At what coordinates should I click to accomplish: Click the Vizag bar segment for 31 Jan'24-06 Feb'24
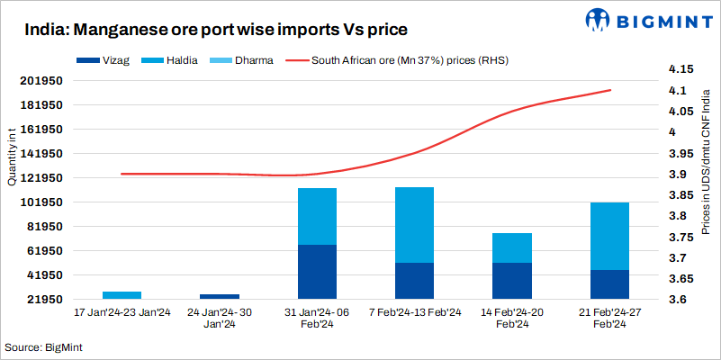pos(317,271)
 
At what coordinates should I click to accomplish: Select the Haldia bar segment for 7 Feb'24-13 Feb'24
pos(414,225)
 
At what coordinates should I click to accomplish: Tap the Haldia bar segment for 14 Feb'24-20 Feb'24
pos(511,247)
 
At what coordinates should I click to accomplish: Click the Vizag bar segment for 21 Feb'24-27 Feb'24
pos(608,283)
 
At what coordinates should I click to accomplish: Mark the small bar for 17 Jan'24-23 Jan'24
pos(122,294)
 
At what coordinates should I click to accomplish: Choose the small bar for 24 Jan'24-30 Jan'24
pos(220,295)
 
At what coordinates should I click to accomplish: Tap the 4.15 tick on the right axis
pos(680,69)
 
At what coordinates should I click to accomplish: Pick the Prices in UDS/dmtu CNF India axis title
pos(707,181)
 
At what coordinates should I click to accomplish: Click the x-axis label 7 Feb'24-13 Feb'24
pos(414,312)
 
